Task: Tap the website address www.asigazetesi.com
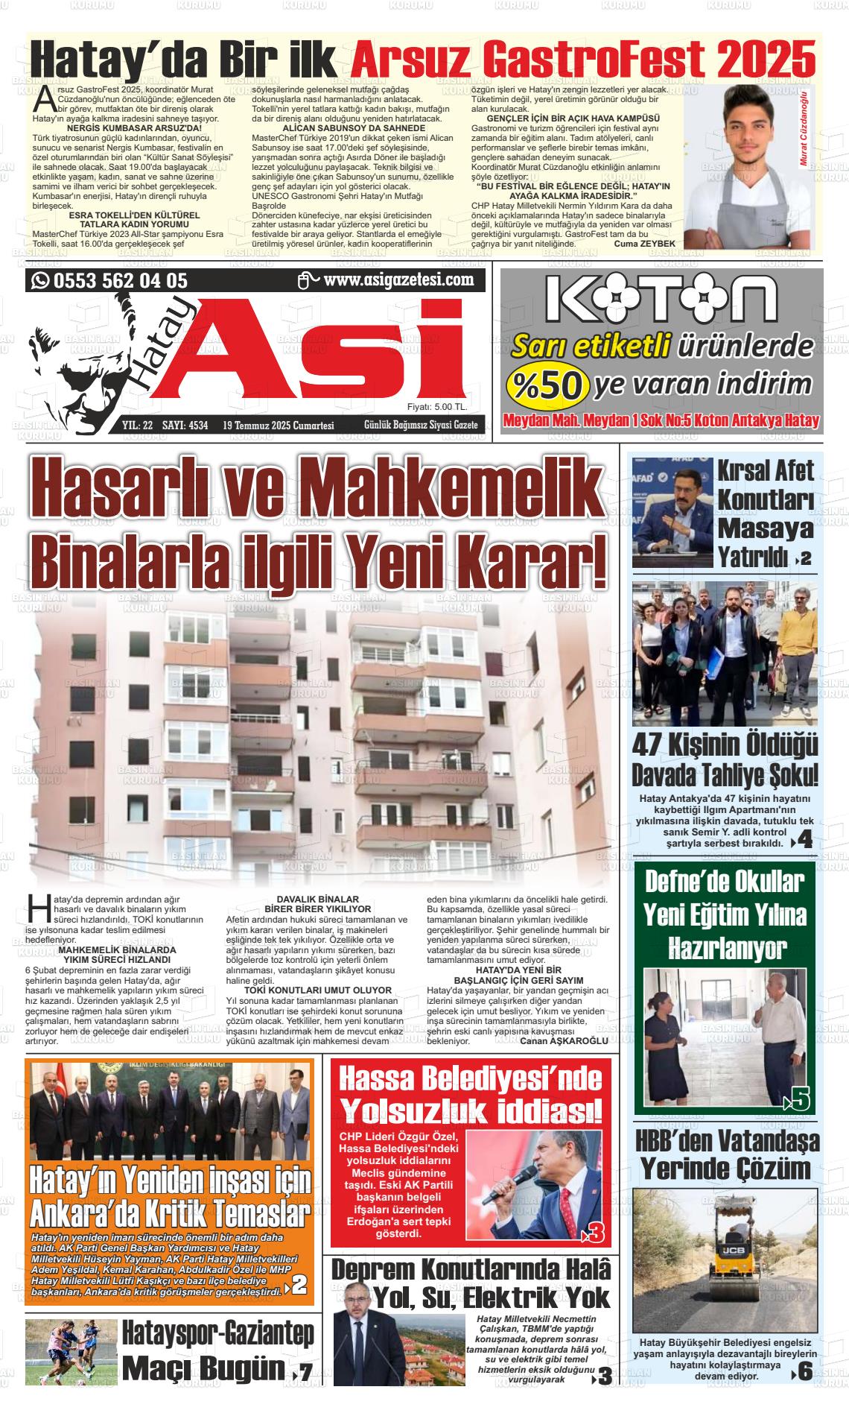click(398, 280)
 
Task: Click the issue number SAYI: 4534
click(185, 426)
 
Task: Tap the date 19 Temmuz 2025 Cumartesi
click(278, 426)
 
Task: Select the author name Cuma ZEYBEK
click(644, 244)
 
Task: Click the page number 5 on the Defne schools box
click(801, 1099)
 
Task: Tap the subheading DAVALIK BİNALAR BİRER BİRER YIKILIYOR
click(318, 904)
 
